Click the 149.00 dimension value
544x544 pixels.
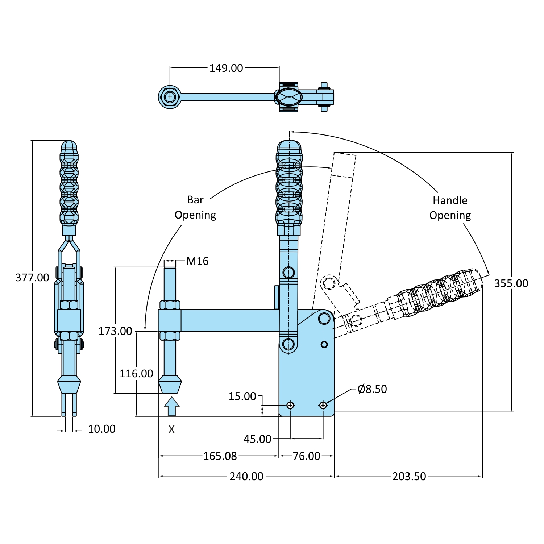click(x=226, y=68)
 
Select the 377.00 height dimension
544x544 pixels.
click(x=32, y=278)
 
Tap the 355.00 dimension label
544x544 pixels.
click(x=511, y=283)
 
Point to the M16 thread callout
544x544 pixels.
click(x=197, y=261)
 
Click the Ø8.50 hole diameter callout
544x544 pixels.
click(x=372, y=389)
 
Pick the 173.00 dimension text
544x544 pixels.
click(x=115, y=331)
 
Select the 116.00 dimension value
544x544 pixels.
click(x=136, y=374)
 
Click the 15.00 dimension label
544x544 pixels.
click(x=242, y=396)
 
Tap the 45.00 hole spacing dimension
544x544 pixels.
click(x=257, y=439)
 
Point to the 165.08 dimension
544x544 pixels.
click(x=220, y=456)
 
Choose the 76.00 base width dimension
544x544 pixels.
click(x=306, y=456)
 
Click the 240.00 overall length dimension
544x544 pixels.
click(x=246, y=476)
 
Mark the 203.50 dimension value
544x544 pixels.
click(x=409, y=476)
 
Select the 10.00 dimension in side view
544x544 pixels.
click(x=101, y=429)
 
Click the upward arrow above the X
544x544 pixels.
click(x=172, y=406)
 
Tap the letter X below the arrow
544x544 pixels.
click(x=171, y=429)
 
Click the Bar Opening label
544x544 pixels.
click(x=195, y=207)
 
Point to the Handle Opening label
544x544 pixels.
click(x=450, y=208)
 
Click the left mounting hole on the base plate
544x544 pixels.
click(x=290, y=405)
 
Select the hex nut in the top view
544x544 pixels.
click(x=170, y=97)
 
